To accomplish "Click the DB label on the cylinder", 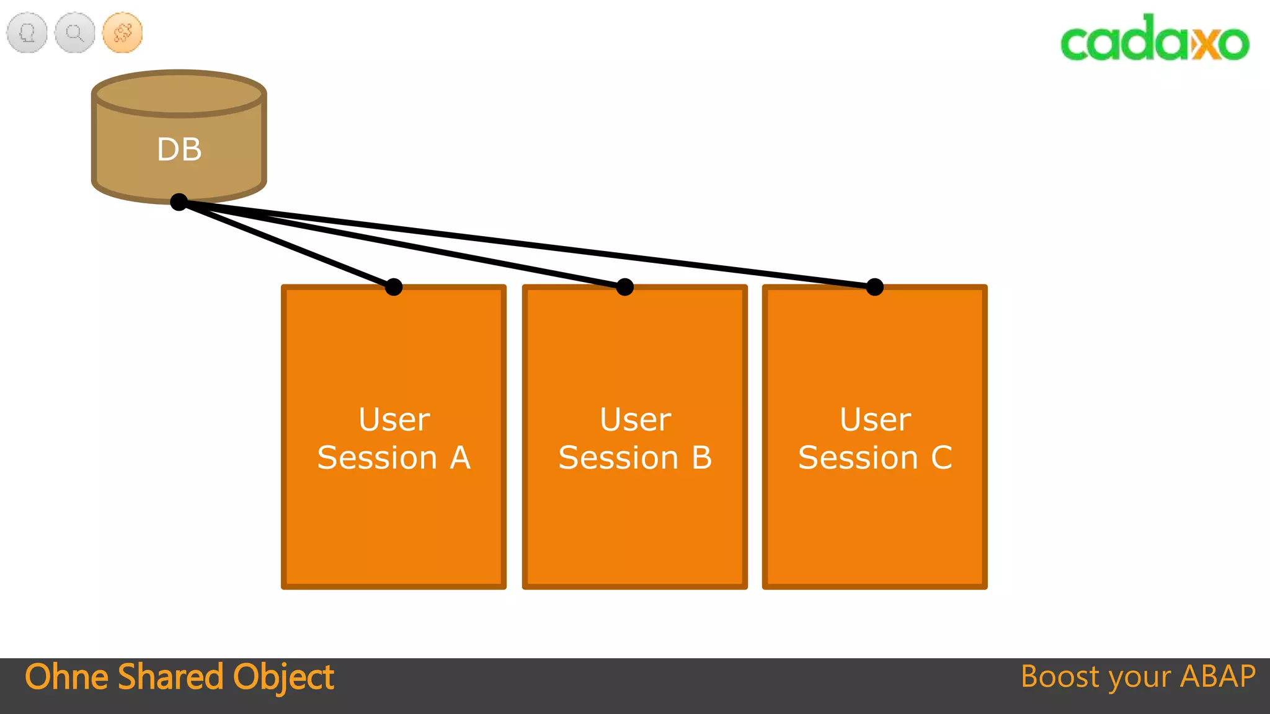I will [179, 149].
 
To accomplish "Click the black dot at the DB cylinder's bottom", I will [179, 201].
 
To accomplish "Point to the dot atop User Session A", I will [394, 287].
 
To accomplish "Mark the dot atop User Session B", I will [625, 287].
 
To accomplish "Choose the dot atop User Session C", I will [874, 287].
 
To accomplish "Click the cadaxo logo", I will [1155, 38].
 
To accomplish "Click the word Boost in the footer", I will [1060, 677].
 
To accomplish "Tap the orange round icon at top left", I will [122, 32].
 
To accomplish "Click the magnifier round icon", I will [74, 32].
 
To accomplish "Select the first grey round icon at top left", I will [27, 32].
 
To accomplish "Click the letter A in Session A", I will [460, 458].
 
